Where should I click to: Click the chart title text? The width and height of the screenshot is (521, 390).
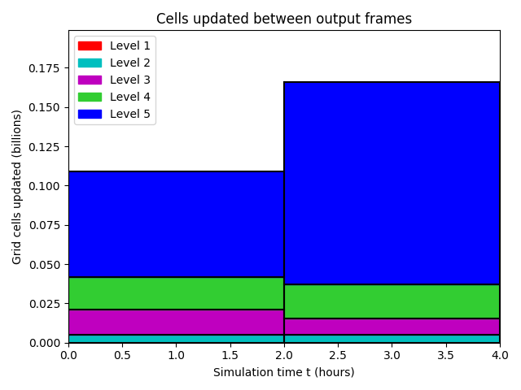click(x=284, y=19)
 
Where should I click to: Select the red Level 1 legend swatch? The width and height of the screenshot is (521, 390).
click(x=90, y=45)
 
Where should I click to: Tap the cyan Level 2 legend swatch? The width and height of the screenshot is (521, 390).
click(x=90, y=63)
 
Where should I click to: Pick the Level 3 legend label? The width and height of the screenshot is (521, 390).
click(x=130, y=80)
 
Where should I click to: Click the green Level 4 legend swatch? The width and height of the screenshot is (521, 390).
click(x=90, y=97)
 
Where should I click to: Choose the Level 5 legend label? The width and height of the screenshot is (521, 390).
click(x=130, y=114)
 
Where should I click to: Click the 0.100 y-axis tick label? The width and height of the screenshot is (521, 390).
click(x=44, y=186)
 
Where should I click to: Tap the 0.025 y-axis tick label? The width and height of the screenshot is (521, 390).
click(x=44, y=304)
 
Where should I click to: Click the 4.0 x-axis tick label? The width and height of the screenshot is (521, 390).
click(x=500, y=356)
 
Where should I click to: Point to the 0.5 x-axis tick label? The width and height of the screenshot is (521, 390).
click(x=122, y=356)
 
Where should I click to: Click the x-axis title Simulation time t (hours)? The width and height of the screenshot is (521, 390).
click(x=284, y=372)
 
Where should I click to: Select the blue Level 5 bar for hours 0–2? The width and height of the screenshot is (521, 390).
click(x=177, y=224)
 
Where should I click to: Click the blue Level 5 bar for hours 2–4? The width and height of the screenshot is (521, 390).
click(x=392, y=183)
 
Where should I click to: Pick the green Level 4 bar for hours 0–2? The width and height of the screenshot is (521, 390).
click(x=177, y=293)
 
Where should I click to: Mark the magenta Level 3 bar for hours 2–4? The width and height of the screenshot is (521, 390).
click(x=392, y=327)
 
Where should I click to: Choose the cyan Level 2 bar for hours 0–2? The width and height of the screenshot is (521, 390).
click(x=177, y=339)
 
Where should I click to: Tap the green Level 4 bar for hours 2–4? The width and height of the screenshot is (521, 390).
click(x=392, y=301)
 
